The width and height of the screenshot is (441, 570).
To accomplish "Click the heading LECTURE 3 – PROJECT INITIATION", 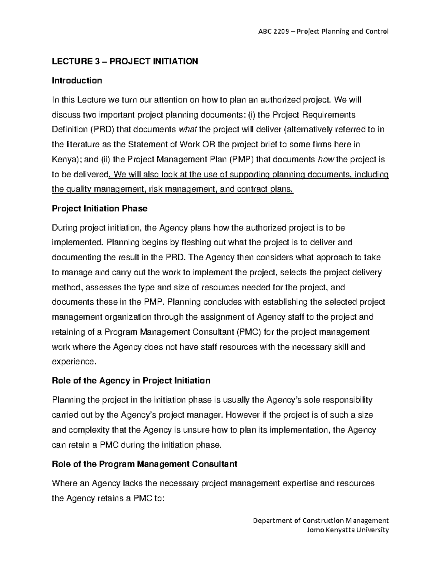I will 125,61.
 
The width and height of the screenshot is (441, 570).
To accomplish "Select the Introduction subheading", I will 77,80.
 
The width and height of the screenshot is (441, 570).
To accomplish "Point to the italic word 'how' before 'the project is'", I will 326,159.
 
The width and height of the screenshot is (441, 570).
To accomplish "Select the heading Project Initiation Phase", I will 100,208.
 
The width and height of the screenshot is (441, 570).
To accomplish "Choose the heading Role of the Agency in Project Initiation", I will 131,381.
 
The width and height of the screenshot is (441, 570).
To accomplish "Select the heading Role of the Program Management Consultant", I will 144,464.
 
